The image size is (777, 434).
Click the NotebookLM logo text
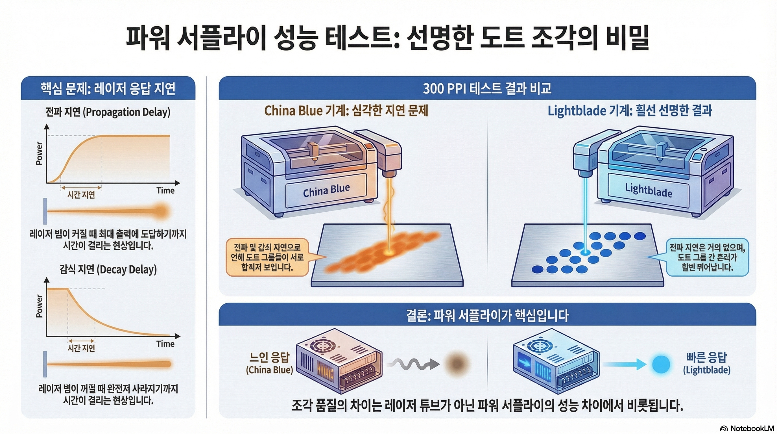[752, 428]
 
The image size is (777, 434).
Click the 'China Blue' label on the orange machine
[326, 190]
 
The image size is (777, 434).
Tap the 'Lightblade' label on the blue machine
[649, 190]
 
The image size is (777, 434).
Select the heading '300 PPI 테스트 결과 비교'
[487, 88]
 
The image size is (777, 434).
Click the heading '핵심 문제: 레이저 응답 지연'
[108, 88]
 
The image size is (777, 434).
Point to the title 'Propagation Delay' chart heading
[108, 112]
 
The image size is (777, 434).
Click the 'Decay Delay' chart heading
[108, 269]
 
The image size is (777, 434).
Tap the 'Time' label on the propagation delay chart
[165, 190]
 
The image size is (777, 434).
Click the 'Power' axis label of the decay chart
[39, 306]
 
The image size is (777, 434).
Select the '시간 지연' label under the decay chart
[81, 348]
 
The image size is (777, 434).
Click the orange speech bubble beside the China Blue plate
[267, 257]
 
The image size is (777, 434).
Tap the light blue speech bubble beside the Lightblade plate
[707, 257]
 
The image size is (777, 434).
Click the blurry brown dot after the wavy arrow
[456, 364]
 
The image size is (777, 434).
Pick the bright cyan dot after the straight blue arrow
[661, 364]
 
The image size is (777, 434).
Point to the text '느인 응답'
[269, 357]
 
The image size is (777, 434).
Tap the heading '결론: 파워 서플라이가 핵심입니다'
[487, 315]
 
